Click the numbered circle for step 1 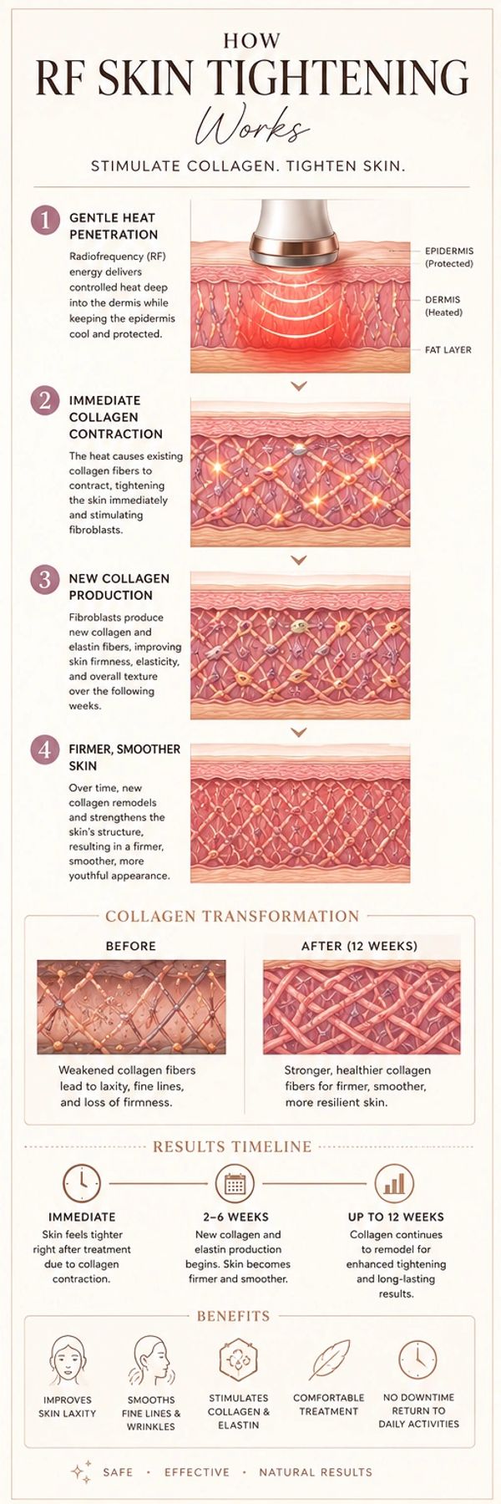point(45,221)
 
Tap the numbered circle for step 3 point(45,581)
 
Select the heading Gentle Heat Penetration point(114,226)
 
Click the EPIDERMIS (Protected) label point(448,257)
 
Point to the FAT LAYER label point(448,350)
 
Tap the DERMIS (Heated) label point(443,306)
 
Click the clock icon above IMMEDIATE point(82,1183)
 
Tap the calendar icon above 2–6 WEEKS point(235,1183)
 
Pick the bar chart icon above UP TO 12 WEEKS point(394,1183)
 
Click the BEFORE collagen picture point(131,1007)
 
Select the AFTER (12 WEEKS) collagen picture point(362,1007)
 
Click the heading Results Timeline point(232,1147)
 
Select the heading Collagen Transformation point(232,917)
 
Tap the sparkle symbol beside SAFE point(81,1471)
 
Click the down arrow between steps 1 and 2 point(299,387)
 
